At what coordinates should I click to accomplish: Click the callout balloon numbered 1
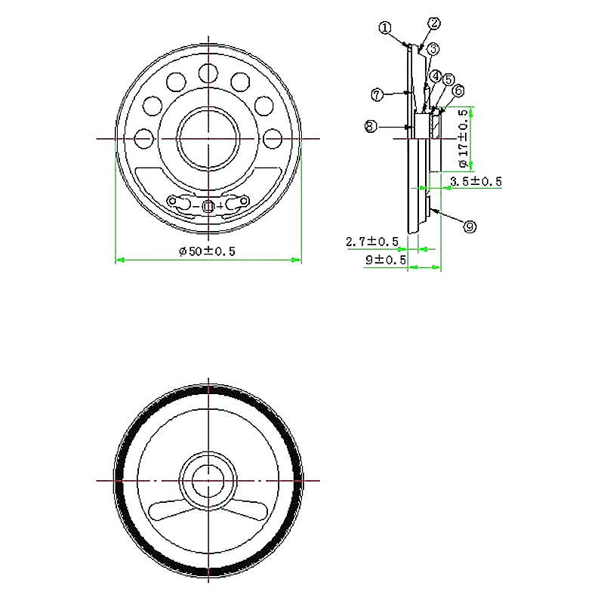tap(385, 28)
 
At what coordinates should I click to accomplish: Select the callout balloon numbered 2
tap(433, 23)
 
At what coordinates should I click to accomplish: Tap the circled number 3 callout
tap(433, 49)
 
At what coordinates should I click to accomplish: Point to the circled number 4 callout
tap(436, 77)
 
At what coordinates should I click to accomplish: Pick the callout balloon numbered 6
tap(458, 91)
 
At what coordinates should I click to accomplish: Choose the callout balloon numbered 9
tap(469, 226)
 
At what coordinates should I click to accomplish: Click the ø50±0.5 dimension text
tap(208, 252)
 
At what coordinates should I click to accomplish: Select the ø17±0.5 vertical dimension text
tap(463, 138)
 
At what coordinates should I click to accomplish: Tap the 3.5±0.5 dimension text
tap(476, 181)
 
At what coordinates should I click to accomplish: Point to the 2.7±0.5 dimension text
tap(371, 242)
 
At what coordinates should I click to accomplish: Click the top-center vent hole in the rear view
tap(208, 72)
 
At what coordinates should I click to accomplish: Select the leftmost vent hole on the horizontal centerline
tap(142, 139)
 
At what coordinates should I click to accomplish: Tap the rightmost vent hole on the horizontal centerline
tap(273, 139)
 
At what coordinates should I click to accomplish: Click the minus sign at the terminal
tap(198, 206)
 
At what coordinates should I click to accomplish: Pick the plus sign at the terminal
tap(220, 206)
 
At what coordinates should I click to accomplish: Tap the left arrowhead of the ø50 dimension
tap(119, 260)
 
